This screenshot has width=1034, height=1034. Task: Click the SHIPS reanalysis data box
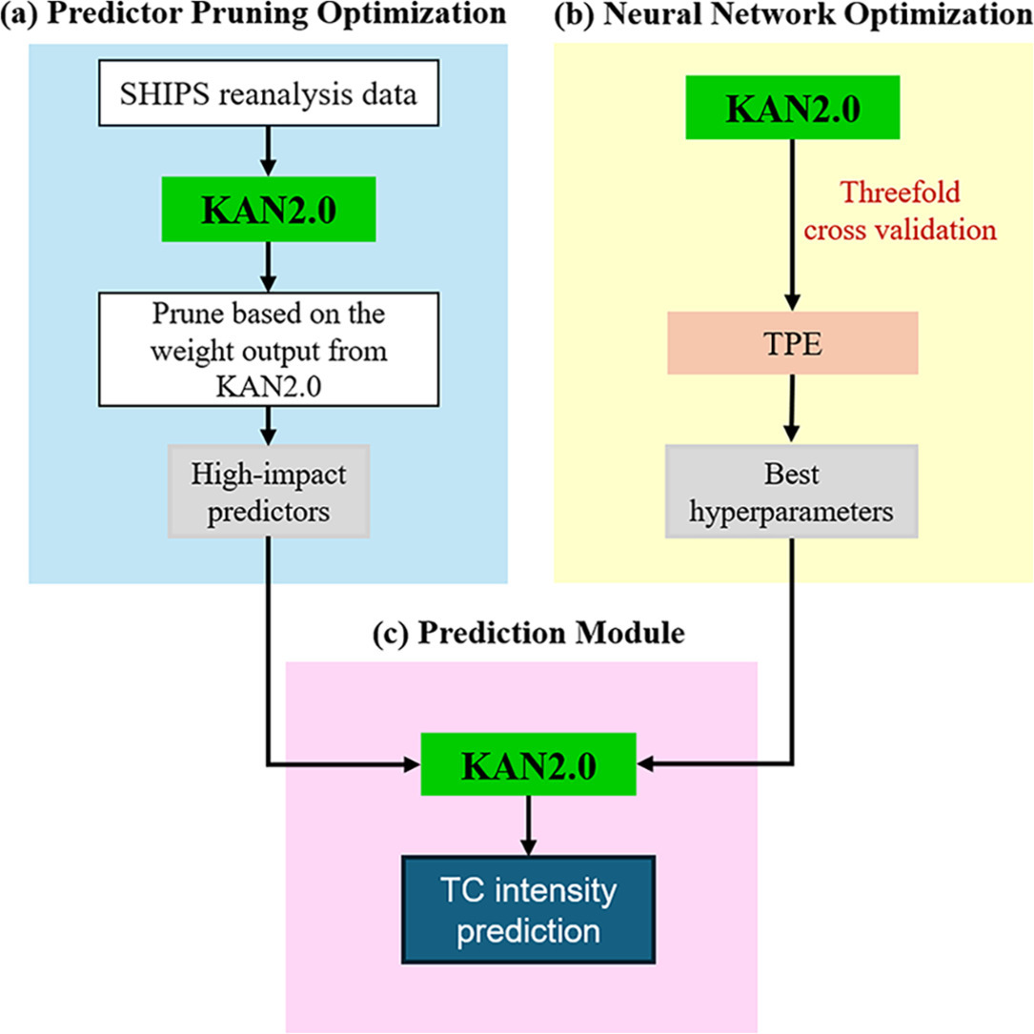coord(269,93)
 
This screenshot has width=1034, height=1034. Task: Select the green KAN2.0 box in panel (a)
coord(269,209)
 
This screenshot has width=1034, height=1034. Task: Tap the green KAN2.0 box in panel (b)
coord(793,108)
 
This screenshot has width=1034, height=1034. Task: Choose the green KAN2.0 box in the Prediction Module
coord(528,764)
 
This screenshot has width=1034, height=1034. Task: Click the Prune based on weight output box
coord(269,350)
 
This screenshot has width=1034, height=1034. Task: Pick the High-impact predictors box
coord(269,492)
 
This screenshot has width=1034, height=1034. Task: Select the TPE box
coord(793,343)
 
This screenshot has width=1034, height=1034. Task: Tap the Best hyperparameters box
coord(791,492)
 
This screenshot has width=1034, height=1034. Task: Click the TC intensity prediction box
coord(528,910)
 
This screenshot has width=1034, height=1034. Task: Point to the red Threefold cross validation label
coord(901,211)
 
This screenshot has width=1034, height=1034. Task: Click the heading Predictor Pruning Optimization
coord(276,14)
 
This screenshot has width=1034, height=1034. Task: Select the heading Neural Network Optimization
coord(818,14)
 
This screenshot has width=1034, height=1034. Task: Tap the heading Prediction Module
coord(551,633)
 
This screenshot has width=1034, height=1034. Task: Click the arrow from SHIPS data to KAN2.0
coord(268,151)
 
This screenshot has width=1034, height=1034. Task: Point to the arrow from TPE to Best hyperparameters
coord(791,409)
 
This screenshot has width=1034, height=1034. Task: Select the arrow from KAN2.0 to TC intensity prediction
coord(528,825)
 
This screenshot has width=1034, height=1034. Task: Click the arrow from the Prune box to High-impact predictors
coord(268,426)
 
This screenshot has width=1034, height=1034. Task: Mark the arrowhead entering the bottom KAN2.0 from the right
coord(645,765)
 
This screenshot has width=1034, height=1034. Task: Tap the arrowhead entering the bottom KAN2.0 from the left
coord(412,765)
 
